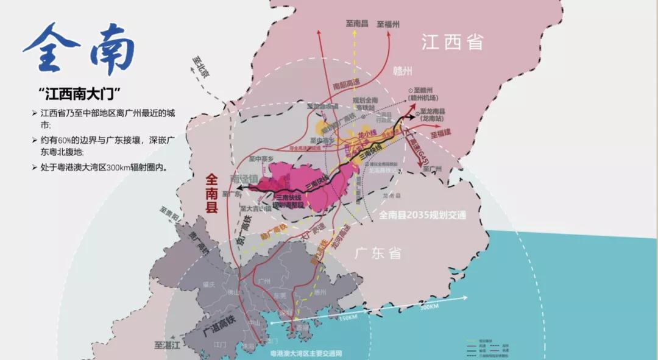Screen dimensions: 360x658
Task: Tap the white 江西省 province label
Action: (453, 42)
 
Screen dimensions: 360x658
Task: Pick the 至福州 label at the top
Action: (388, 24)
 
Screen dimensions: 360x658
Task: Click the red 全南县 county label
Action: (211, 193)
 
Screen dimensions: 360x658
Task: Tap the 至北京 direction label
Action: (200, 67)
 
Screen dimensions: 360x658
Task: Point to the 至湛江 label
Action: (168, 345)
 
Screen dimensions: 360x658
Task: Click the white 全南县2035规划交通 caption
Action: (422, 214)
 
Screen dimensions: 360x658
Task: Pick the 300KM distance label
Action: (429, 306)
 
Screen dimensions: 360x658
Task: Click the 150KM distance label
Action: (347, 317)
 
